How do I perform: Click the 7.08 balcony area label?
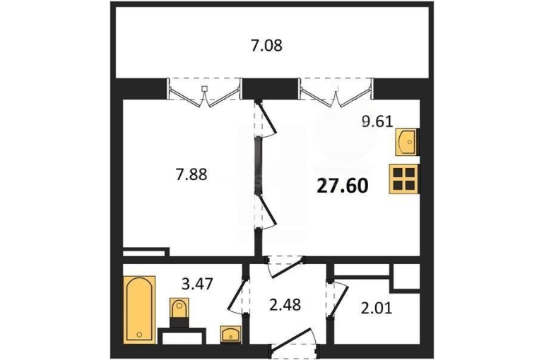266,46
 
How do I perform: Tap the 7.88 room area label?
191,174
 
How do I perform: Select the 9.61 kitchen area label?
377,121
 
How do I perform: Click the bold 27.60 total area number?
343,186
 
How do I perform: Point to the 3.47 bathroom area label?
197,284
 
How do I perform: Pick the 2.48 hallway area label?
285,305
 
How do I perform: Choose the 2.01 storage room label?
377,308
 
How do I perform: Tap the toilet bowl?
179,310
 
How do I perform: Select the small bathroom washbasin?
231,335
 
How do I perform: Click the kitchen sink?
407,142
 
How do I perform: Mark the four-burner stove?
404,179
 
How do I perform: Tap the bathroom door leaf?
237,295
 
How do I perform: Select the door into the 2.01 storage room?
338,299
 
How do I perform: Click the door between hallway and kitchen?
285,268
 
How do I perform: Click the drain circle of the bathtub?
139,335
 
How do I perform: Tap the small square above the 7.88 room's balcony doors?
205,89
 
